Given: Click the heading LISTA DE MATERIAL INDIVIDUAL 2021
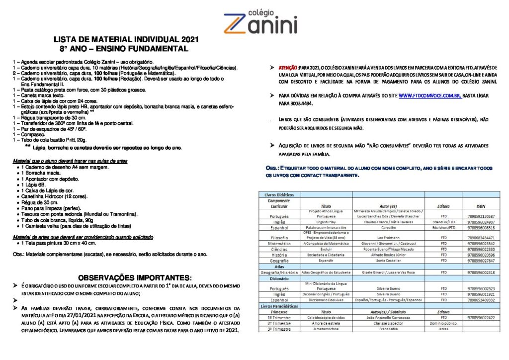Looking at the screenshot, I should (122, 40).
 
